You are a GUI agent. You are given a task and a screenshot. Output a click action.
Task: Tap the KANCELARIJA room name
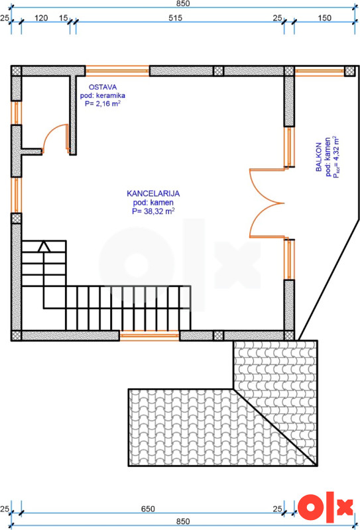(x=153, y=193)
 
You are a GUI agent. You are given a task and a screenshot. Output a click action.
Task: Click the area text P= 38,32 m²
(x=153, y=211)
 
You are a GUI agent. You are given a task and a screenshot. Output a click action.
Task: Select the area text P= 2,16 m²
(x=103, y=104)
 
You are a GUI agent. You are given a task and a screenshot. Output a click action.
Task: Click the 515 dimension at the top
(x=176, y=18)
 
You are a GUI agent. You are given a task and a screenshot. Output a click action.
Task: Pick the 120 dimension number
(x=41, y=18)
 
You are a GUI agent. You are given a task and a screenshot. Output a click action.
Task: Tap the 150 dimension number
(x=325, y=18)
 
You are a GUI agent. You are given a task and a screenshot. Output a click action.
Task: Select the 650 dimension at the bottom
(x=148, y=509)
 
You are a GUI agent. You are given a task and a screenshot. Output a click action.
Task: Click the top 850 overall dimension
(x=183, y=3)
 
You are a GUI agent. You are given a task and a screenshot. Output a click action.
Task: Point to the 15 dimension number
(x=63, y=18)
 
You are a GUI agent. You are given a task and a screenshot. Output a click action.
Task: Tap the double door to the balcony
(x=267, y=203)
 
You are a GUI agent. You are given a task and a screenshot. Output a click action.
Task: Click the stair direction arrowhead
(x=44, y=246)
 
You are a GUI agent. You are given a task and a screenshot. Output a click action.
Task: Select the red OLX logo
(x=326, y=509)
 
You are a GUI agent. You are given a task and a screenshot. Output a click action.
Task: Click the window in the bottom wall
(x=149, y=335)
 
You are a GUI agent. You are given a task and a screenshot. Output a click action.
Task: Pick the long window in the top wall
(x=117, y=71)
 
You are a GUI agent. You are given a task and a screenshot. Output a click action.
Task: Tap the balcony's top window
(x=320, y=71)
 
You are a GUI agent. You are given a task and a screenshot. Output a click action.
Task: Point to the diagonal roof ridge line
(x=276, y=427)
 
